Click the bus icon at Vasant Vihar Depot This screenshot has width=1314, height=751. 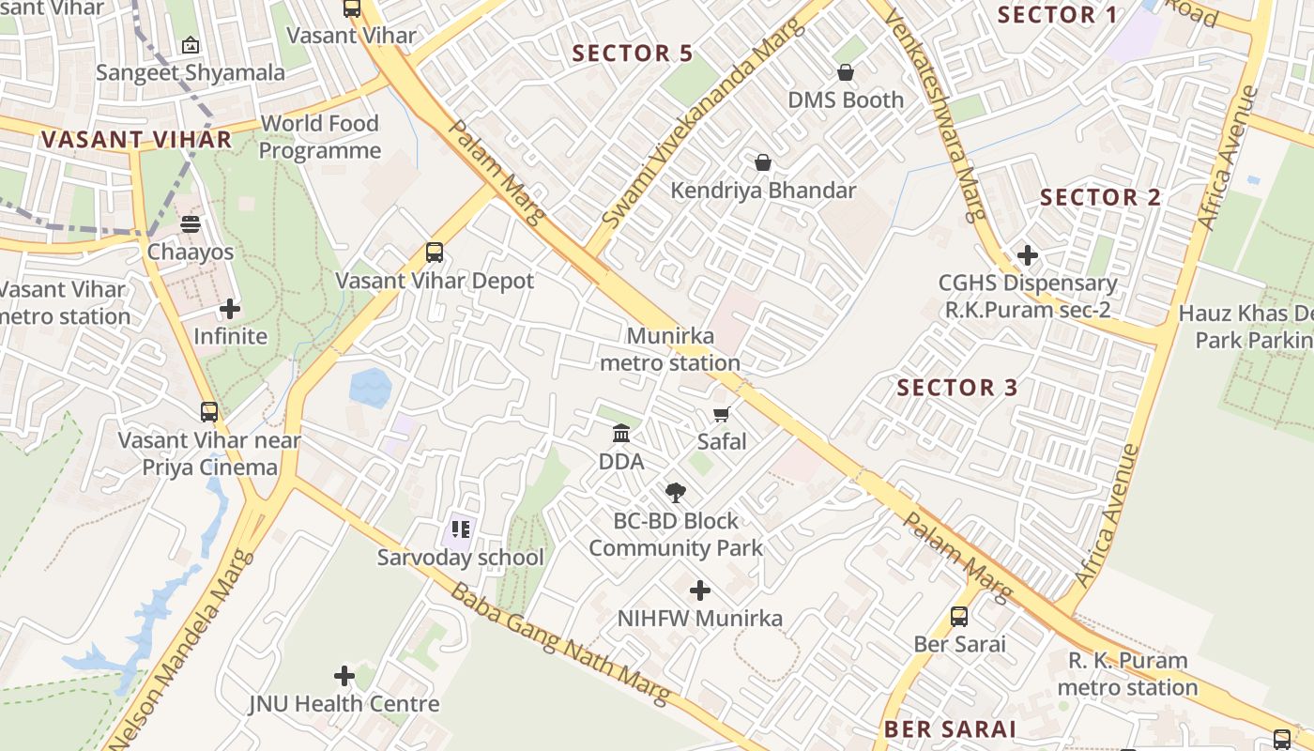click(434, 252)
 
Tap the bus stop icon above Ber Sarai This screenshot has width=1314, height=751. click(959, 616)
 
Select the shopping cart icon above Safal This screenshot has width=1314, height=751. click(722, 414)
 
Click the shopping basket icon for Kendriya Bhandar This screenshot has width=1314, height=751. click(763, 162)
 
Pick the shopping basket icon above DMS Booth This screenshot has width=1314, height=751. click(846, 72)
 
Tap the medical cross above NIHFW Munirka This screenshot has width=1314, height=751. click(699, 590)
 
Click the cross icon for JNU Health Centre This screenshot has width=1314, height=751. click(344, 675)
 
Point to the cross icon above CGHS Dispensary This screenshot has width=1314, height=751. click(1028, 254)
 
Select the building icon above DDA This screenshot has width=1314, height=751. click(621, 434)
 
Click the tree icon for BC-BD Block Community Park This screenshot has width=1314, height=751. click(675, 492)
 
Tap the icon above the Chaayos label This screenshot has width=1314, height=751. click(191, 224)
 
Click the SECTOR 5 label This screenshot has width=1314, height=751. click(633, 54)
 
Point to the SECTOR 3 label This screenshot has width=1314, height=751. click(957, 388)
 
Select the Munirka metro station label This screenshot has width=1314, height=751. click(670, 349)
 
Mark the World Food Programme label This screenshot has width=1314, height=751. click(320, 137)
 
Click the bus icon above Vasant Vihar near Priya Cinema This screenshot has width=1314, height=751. click(209, 411)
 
